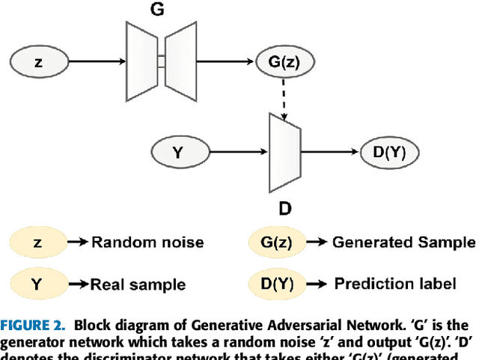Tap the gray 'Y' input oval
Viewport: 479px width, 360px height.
point(177,152)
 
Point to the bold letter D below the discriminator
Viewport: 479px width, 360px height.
point(284,207)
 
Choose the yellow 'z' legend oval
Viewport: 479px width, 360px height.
point(37,242)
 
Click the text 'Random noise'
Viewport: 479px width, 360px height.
point(147,242)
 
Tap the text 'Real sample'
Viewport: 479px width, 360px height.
point(138,285)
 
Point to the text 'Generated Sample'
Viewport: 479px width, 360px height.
point(403,242)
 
